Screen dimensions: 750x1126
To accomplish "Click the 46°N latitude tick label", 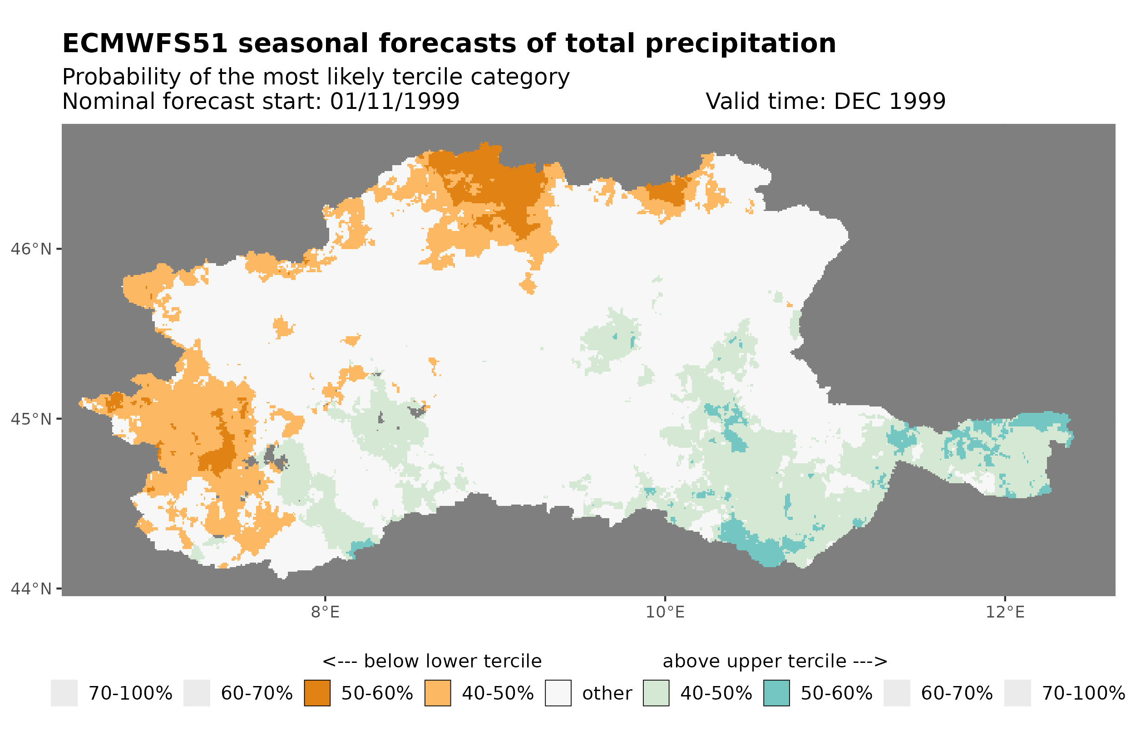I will (30, 249).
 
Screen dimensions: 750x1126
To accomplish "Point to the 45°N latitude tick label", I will (30, 419).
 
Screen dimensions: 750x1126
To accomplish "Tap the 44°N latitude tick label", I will (30, 589).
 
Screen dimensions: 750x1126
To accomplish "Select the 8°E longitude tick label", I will (325, 612).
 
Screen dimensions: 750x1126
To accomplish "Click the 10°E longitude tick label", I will (665, 612).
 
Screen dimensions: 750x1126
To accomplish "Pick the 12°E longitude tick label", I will (1004, 612).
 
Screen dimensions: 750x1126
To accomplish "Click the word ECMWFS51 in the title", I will (144, 44).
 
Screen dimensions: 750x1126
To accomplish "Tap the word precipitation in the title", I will (740, 44).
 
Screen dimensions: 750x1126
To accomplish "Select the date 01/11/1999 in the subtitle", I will (394, 101).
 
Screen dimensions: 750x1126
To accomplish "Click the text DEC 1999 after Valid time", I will (889, 101).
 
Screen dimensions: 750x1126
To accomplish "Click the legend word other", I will (607, 694).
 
